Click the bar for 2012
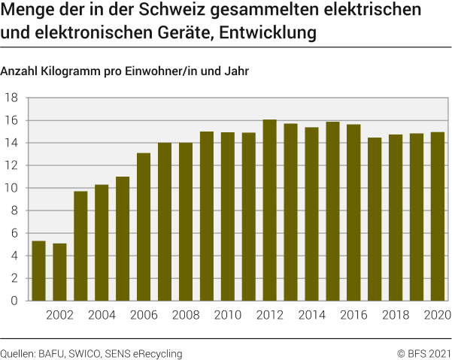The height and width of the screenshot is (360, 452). [x=269, y=210]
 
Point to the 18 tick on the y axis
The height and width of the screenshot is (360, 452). [x=12, y=98]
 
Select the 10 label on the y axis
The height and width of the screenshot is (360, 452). [x=12, y=188]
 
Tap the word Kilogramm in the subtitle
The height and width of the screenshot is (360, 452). [x=71, y=72]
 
